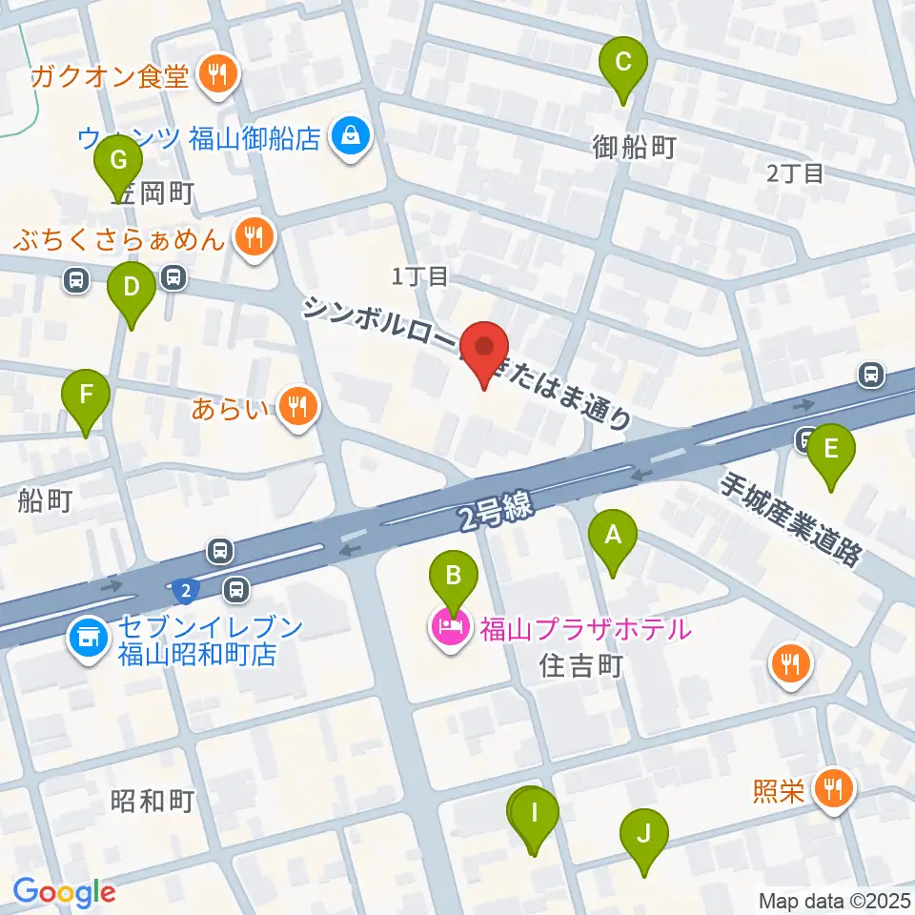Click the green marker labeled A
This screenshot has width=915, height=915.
(x=613, y=539)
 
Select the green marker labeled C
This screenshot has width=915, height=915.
(x=623, y=66)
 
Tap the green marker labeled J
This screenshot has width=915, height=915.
(x=644, y=836)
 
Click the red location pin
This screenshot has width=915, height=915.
(x=485, y=349)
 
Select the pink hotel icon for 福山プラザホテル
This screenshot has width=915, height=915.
(x=447, y=630)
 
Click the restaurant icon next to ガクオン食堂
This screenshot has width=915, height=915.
(x=218, y=77)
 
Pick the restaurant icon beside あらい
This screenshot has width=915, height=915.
(x=298, y=409)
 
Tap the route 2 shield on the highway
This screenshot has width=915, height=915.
(x=186, y=592)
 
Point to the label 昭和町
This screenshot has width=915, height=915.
(x=152, y=801)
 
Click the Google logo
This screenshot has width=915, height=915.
(x=65, y=891)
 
